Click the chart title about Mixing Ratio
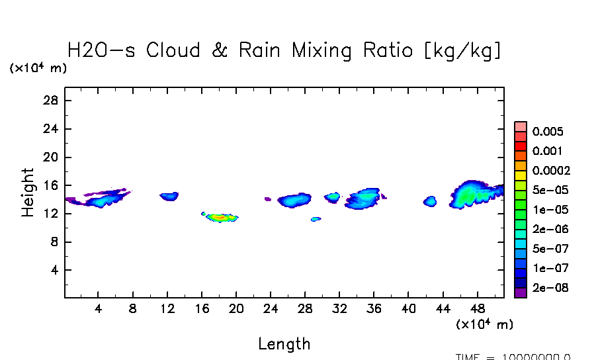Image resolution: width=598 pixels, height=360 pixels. tap(284, 50)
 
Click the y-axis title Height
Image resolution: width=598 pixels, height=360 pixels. tap(28, 193)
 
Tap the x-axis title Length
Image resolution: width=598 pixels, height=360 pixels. tap(284, 344)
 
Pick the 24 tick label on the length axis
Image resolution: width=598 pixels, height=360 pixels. tap(270, 308)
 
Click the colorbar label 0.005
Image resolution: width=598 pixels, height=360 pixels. tap(548, 132)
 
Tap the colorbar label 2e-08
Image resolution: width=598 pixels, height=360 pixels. tap(550, 289)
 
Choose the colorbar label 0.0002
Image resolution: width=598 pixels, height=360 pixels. tap(551, 171)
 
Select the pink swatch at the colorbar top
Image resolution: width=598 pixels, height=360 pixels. tap(521, 126)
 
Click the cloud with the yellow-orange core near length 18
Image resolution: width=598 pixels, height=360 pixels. tap(222, 217)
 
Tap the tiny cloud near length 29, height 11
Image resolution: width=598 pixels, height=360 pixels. tap(316, 219)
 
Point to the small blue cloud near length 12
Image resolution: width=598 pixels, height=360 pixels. tap(169, 196)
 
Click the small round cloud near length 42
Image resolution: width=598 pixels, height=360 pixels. tap(430, 201)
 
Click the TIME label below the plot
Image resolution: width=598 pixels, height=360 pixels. tap(513, 356)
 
